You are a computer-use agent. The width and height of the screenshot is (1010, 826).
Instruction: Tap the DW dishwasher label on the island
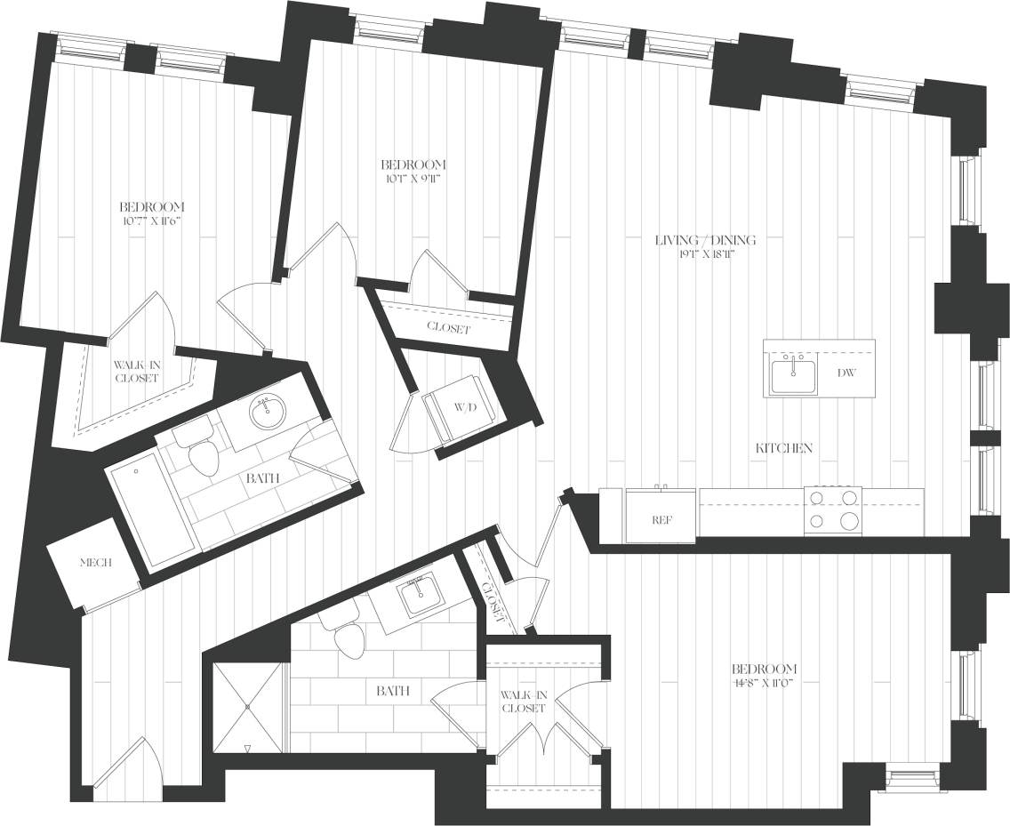[846, 373]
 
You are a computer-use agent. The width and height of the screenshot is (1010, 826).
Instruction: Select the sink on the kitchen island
[794, 375]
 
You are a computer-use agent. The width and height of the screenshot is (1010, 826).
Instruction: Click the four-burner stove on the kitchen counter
[833, 509]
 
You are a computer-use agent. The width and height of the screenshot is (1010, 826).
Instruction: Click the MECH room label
[95, 563]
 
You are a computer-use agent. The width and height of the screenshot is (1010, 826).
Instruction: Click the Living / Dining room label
[705, 240]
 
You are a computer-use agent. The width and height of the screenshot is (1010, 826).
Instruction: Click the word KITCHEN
[783, 448]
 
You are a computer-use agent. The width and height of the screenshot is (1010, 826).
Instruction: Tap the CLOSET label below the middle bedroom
[448, 327]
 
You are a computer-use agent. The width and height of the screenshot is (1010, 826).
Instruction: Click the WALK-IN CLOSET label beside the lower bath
[523, 702]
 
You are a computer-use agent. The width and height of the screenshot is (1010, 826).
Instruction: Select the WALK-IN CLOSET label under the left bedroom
[135, 371]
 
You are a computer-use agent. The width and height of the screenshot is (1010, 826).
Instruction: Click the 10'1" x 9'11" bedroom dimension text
[413, 178]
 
